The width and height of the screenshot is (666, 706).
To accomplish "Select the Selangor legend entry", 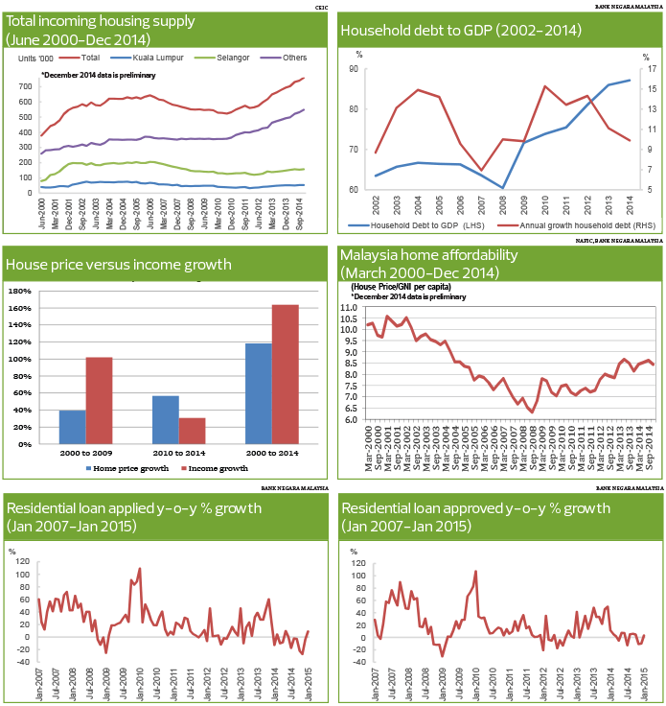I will tap(231, 58).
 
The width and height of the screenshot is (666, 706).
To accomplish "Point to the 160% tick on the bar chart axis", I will tap(20, 308).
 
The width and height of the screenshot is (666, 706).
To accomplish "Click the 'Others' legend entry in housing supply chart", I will tap(296, 58).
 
